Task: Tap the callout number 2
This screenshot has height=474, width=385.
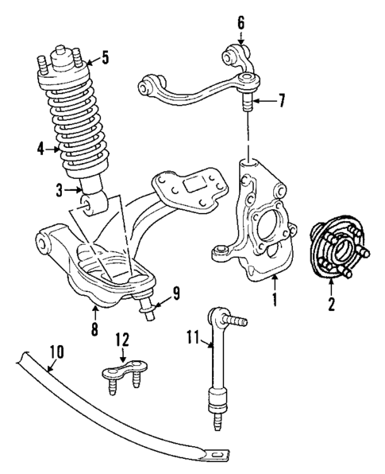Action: pyautogui.click(x=333, y=303)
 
